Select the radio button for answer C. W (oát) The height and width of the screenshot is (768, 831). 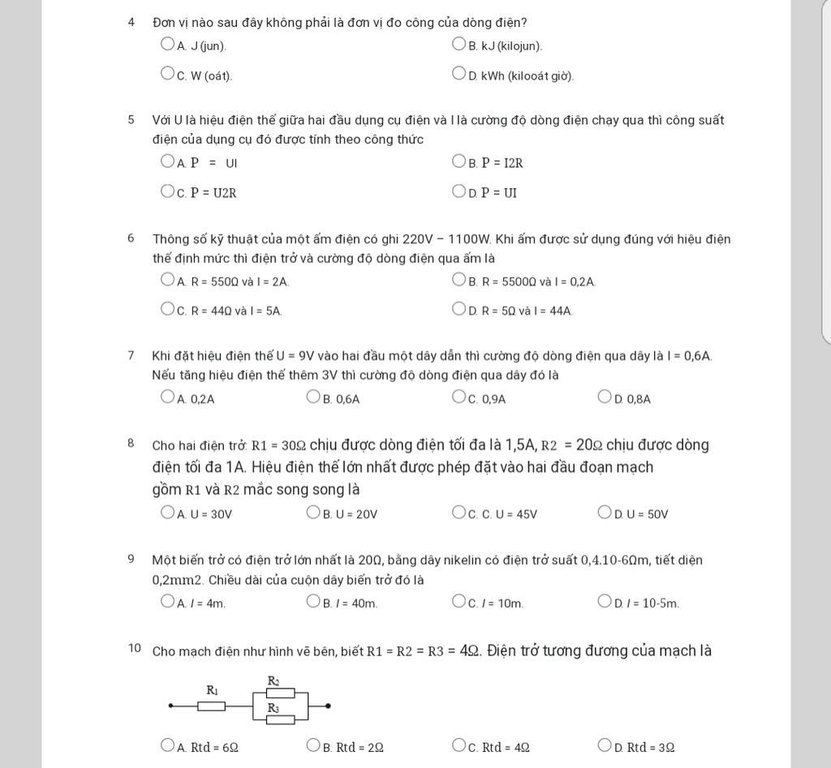(168, 74)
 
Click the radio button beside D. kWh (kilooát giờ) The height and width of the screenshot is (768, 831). (459, 74)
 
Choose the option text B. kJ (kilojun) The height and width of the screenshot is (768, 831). (506, 46)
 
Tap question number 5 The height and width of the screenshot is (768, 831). (131, 120)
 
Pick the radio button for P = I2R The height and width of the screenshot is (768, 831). (459, 161)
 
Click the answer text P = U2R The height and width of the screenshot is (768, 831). (213, 193)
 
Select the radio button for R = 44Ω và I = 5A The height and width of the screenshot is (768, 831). (168, 309)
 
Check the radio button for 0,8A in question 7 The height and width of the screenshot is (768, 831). (605, 397)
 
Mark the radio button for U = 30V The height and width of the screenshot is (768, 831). (168, 512)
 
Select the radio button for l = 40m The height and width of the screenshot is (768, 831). (314, 601)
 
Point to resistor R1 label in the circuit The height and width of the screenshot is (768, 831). (213, 691)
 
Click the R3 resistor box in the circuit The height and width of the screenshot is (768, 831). (281, 719)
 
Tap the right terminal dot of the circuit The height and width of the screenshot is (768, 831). (328, 706)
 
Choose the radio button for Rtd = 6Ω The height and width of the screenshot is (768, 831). (168, 745)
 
